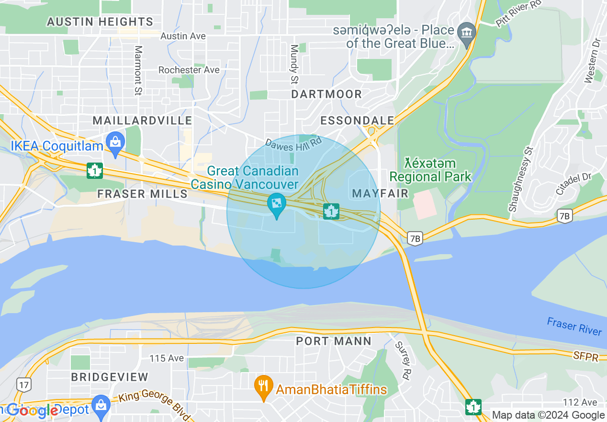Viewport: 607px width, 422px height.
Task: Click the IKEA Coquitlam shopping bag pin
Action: pyautogui.click(x=115, y=142)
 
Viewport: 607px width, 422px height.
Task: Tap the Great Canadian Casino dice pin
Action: pyautogui.click(x=276, y=205)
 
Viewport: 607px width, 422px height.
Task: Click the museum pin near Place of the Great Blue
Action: pyautogui.click(x=466, y=33)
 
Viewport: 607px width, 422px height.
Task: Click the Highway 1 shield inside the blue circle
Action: pyautogui.click(x=331, y=211)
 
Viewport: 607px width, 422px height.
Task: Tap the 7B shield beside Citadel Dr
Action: pyautogui.click(x=565, y=216)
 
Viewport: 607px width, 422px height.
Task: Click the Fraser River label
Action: pyautogui.click(x=574, y=326)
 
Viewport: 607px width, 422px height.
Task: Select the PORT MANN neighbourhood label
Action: pyautogui.click(x=334, y=341)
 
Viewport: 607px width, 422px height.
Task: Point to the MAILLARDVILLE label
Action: pyautogui.click(x=142, y=120)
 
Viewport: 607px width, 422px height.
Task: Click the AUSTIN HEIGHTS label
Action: pyautogui.click(x=100, y=22)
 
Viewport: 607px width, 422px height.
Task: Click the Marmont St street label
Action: pyautogui.click(x=138, y=70)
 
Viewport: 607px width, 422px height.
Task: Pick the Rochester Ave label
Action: pyautogui.click(x=189, y=70)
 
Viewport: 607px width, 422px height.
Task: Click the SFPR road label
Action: pyautogui.click(x=585, y=356)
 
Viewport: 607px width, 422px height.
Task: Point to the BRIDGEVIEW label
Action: pyautogui.click(x=110, y=377)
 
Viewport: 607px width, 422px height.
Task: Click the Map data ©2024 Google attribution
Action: pyautogui.click(x=548, y=415)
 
